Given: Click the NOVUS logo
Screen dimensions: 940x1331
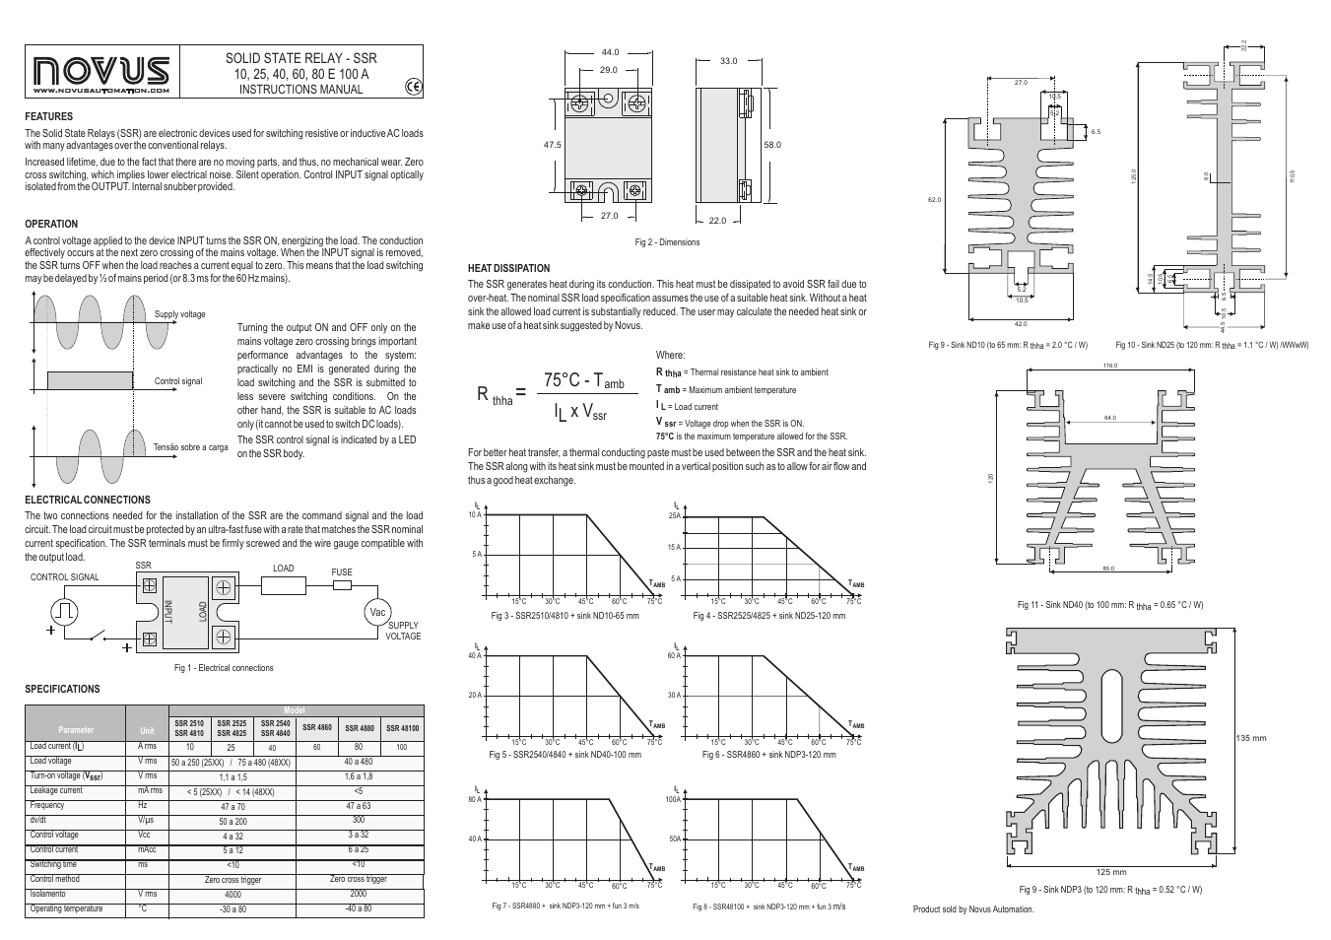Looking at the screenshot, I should [101, 73].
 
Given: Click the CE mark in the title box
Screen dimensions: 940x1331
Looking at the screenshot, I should [413, 87].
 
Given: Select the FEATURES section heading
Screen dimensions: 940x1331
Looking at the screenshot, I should [48, 116].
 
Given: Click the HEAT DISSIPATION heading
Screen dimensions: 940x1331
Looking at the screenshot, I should [508, 268].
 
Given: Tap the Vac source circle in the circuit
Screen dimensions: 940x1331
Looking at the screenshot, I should [376, 612].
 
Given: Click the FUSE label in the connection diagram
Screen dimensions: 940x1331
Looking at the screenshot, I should [341, 571].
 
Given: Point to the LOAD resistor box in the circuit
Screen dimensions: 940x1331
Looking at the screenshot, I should [284, 585].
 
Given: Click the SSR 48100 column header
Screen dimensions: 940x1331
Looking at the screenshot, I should [402, 728].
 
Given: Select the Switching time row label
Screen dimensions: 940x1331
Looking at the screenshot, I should [53, 864].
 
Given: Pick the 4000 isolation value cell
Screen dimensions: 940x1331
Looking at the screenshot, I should [233, 895].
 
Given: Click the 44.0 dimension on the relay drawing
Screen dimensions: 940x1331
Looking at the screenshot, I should [610, 52].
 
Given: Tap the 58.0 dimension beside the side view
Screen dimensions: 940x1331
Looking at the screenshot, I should [771, 145].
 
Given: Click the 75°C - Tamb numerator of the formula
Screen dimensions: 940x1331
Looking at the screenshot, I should [583, 380].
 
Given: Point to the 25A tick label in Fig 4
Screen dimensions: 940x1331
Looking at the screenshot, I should [674, 515].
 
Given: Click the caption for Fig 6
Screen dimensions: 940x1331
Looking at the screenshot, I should [768, 755].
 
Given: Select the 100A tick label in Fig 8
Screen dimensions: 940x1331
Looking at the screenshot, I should [673, 800].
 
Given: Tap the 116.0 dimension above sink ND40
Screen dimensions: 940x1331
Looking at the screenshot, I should [1110, 366].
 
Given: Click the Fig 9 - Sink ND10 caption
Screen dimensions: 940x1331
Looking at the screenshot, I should [1007, 345].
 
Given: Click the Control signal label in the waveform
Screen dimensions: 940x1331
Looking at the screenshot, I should [178, 381].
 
